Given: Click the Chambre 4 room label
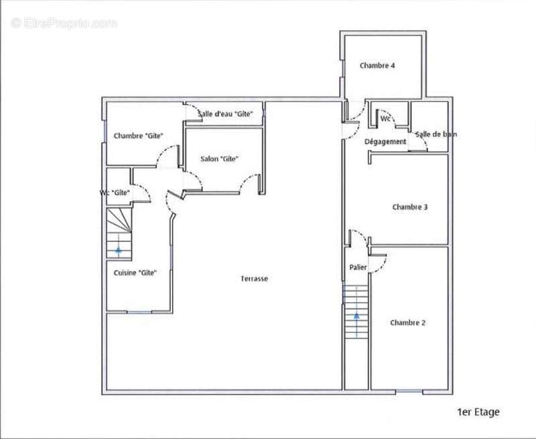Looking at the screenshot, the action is click(377, 65).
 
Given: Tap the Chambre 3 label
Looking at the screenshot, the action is click(410, 207).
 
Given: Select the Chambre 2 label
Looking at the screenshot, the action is click(408, 323).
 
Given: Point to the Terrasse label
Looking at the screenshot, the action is click(255, 279).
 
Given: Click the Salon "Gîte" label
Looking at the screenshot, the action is click(219, 159).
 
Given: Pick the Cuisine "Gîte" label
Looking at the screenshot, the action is click(135, 273).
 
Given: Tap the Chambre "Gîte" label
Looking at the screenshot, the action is click(138, 136).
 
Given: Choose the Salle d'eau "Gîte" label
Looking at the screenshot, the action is click(226, 114).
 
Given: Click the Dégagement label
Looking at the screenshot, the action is click(385, 141).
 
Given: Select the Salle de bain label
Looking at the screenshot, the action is click(436, 134).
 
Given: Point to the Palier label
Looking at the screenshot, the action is click(358, 267).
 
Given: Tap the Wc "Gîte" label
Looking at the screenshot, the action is click(115, 193).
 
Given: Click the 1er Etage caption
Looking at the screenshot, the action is click(478, 412).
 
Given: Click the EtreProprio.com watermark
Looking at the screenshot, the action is click(64, 23).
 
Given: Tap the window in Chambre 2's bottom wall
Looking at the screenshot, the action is click(409, 391).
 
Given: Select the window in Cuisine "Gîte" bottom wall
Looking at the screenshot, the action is click(139, 312).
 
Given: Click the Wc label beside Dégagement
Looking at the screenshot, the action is click(385, 119).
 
